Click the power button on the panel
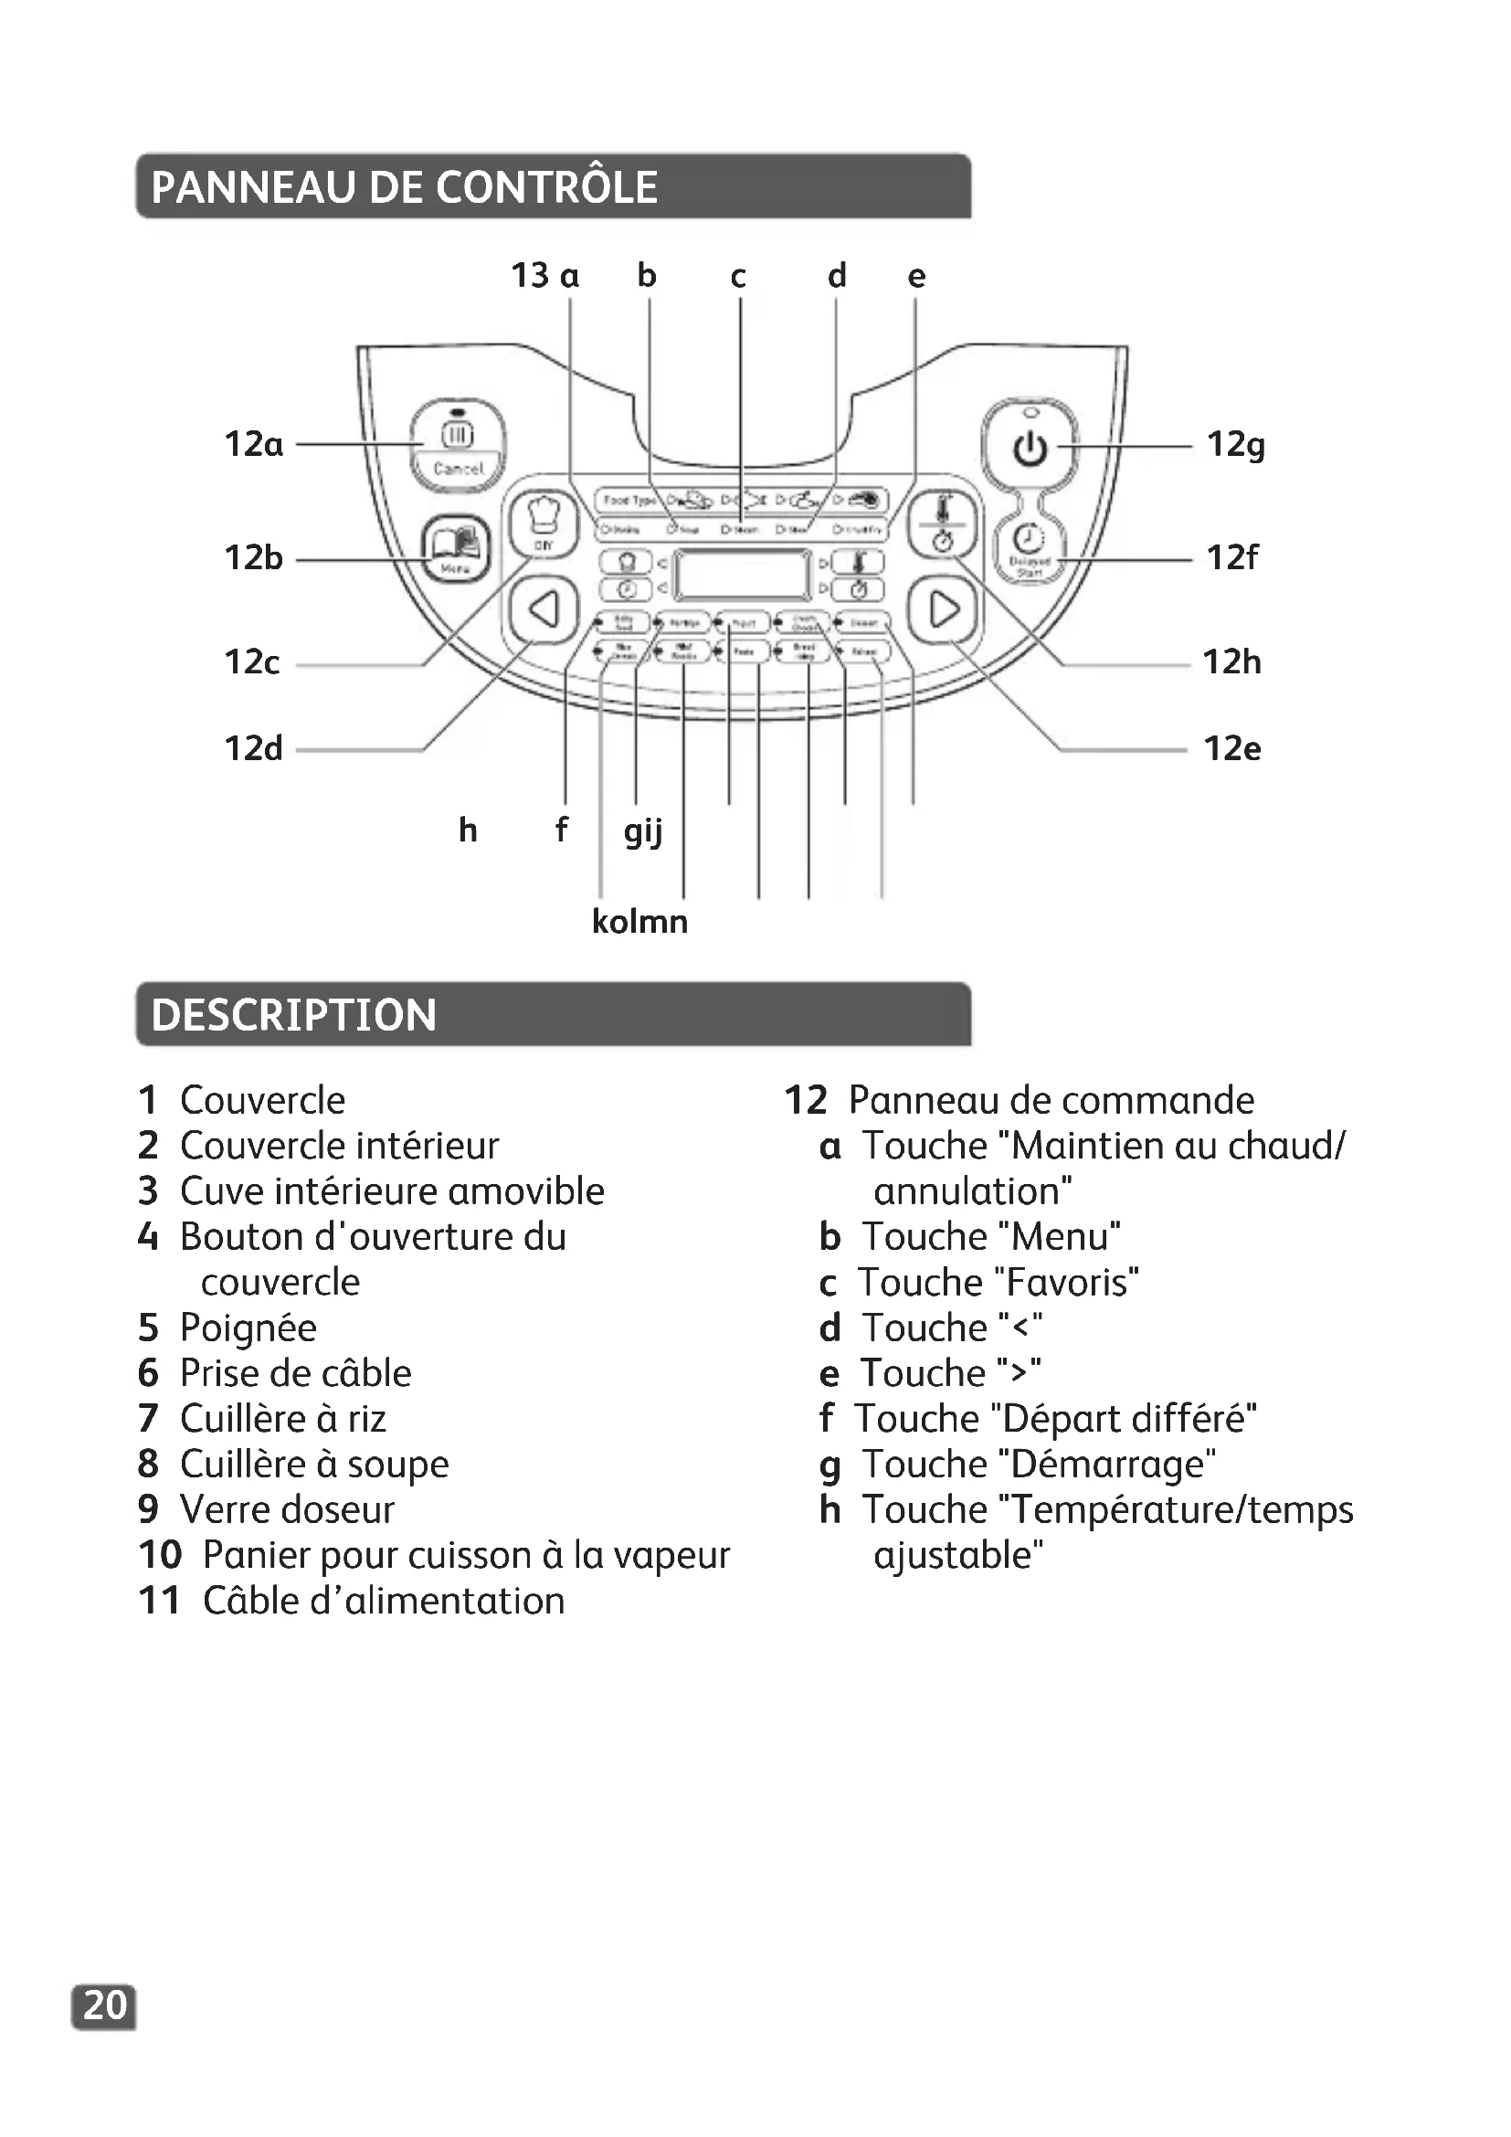[x=1029, y=449]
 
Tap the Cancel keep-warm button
[x=458, y=447]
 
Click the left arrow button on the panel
[x=544, y=610]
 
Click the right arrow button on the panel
[x=944, y=610]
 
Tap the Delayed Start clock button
[x=1028, y=549]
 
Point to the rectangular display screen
[x=743, y=575]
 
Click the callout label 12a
[x=253, y=445]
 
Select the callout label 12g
[x=1236, y=445]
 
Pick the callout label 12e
[x=1231, y=748]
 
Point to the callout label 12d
[x=253, y=748]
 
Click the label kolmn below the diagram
[x=640, y=922]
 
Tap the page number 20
[x=104, y=2005]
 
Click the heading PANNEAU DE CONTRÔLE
[x=404, y=187]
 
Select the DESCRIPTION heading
[x=294, y=1014]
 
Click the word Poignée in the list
[x=248, y=1328]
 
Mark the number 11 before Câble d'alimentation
[x=159, y=1601]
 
